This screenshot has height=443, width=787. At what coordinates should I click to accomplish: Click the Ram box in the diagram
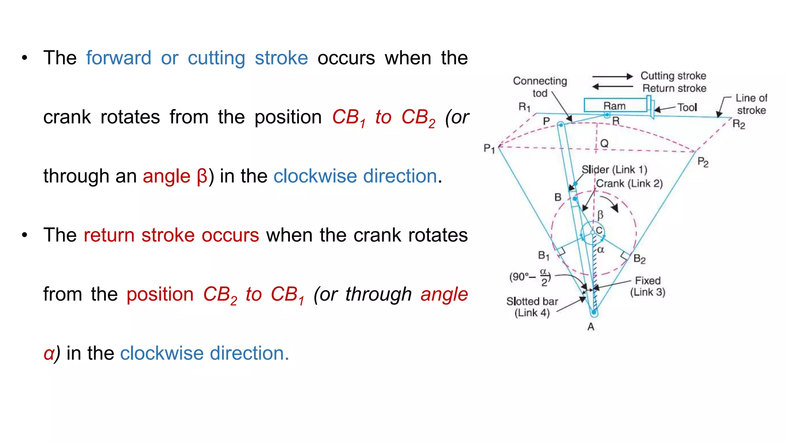(x=615, y=105)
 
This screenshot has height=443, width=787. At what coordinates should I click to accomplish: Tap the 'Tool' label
(x=687, y=107)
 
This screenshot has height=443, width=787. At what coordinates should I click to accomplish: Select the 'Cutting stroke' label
(x=673, y=76)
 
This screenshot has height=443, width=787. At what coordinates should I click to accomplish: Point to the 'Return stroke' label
(x=674, y=88)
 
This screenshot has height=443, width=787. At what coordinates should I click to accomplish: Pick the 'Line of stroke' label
(x=751, y=104)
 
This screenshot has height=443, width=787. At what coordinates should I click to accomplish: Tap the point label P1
(x=489, y=148)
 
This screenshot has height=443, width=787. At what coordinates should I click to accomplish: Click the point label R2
(x=739, y=124)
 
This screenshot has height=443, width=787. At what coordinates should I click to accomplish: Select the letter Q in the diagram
(x=604, y=143)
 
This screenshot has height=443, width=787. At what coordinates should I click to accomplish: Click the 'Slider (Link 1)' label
(x=614, y=170)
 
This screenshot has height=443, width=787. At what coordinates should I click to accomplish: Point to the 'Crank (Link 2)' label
(x=629, y=183)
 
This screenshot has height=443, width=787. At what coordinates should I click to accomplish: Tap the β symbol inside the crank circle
(x=600, y=215)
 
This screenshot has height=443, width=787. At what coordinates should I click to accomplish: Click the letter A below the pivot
(x=591, y=327)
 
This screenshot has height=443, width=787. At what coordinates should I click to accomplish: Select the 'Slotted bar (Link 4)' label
(x=532, y=307)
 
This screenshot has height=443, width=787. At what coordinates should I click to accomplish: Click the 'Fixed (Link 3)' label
(x=648, y=286)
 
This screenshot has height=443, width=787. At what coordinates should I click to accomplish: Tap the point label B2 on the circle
(x=639, y=259)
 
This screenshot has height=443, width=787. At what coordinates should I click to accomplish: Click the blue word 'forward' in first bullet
(x=118, y=58)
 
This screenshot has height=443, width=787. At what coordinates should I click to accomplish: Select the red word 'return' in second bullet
(x=109, y=235)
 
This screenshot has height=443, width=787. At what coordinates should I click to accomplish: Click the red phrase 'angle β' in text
(x=175, y=177)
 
